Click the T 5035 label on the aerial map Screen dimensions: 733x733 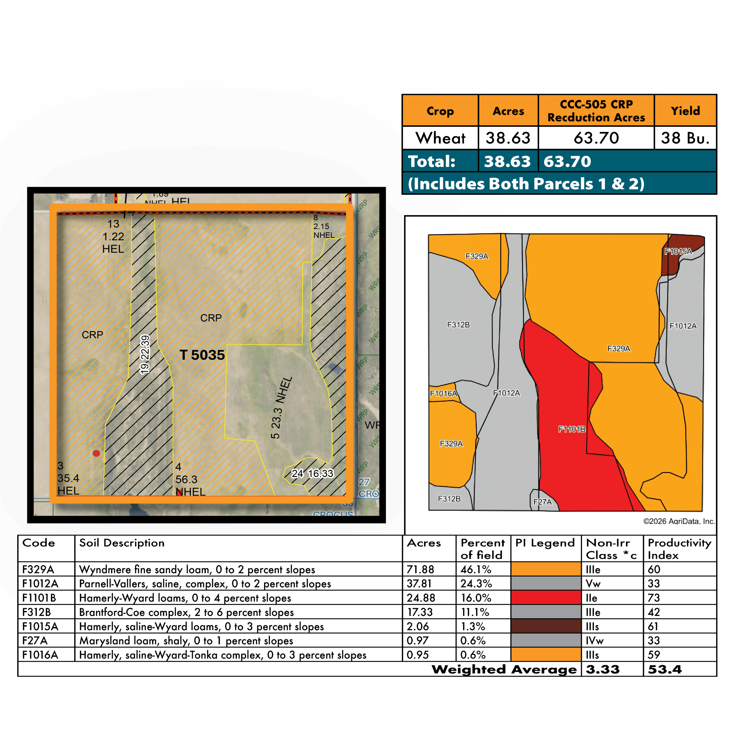pos(202,355)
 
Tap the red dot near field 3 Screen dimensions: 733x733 pos(96,453)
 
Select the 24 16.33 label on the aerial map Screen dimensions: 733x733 pos(312,474)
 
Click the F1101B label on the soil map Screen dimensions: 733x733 pos(572,429)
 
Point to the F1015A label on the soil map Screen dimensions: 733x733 pos(678,251)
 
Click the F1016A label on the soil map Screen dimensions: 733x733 pos(443,393)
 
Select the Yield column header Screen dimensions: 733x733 pos(685,111)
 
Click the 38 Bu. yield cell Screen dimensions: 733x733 pos(685,138)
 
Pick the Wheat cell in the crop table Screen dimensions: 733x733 pos(440,138)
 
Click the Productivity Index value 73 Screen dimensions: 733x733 pos(654,598)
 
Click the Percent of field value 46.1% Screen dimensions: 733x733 pos(476,570)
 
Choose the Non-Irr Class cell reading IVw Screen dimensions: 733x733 pos(594,641)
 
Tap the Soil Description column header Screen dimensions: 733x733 pos(122,543)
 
